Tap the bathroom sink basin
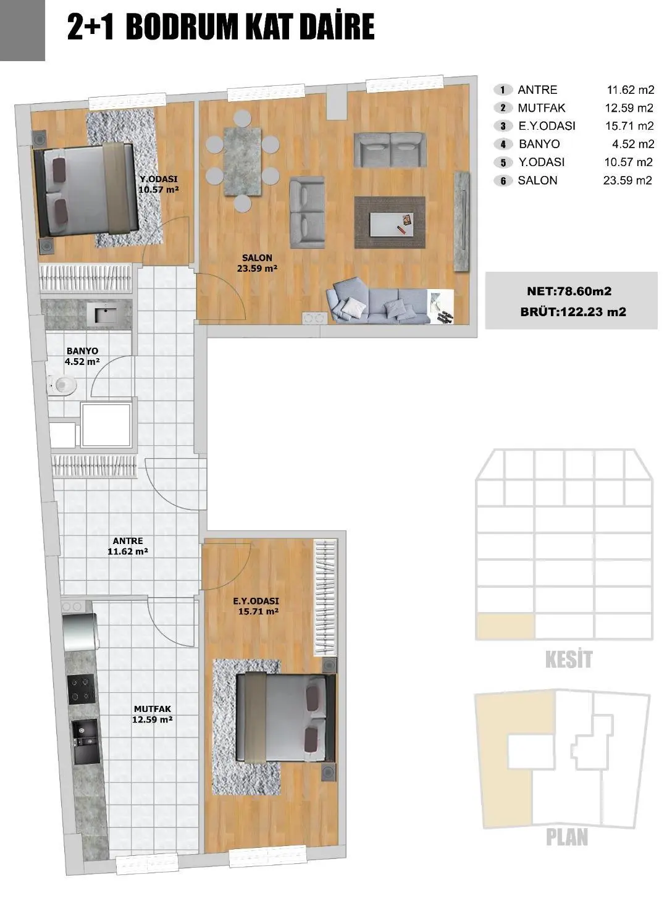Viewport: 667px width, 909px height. (106, 315)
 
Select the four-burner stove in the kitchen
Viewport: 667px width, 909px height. (82, 689)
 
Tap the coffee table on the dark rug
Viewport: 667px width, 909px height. (390, 223)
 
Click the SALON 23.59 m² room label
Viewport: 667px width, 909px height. (257, 263)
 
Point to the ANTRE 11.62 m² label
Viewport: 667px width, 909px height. (128, 546)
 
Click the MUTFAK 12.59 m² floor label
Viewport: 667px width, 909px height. (152, 714)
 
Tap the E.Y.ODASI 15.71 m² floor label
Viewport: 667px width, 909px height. (257, 606)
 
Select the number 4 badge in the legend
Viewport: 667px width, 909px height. (503, 145)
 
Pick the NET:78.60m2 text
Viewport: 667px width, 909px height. (569, 291)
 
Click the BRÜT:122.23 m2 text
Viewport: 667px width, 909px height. (573, 312)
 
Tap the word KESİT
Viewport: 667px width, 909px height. (568, 660)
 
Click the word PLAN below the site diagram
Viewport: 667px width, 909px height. (566, 837)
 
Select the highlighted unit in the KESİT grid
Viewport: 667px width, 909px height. (505, 626)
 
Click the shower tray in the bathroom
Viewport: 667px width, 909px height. (106, 424)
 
